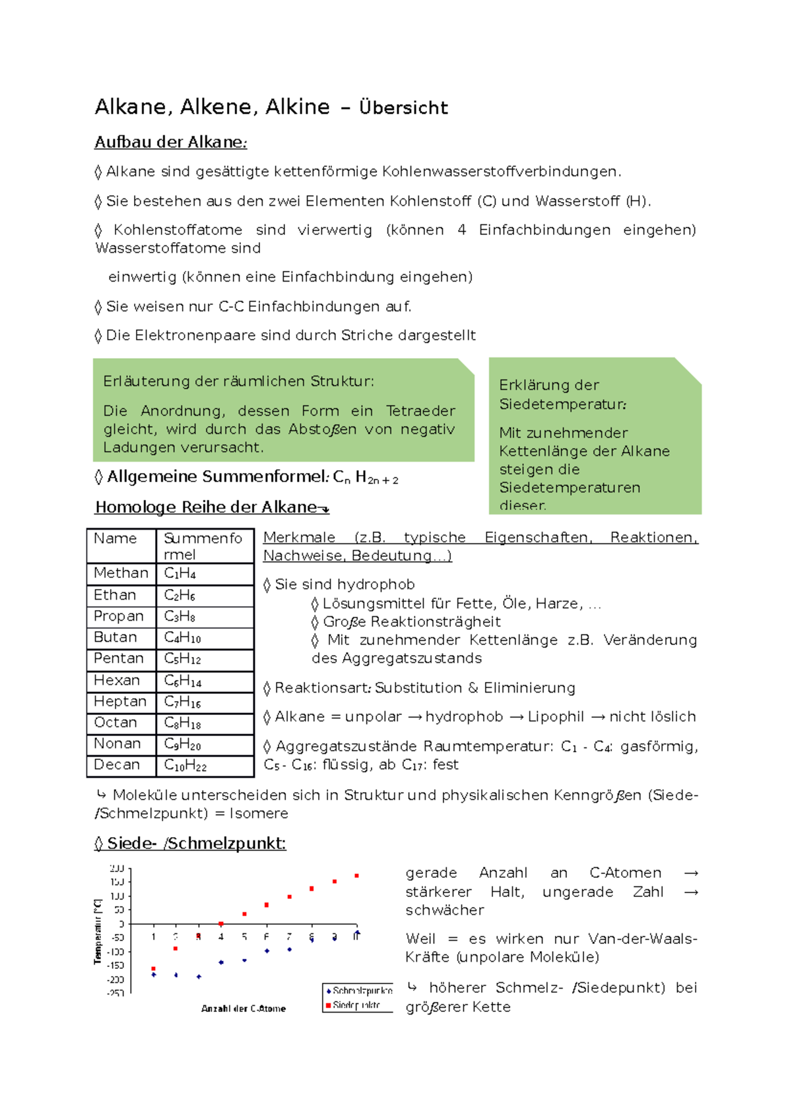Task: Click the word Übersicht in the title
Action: pyautogui.click(x=403, y=108)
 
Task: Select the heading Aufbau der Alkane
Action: pyautogui.click(x=170, y=142)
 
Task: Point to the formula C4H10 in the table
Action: pyautogui.click(x=182, y=637)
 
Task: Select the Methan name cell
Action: pyautogui.click(x=121, y=573)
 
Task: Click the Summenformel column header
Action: pyautogui.click(x=203, y=545)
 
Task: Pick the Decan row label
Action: pyautogui.click(x=117, y=764)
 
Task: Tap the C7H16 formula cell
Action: pyautogui.click(x=182, y=701)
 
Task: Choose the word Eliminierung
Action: pyautogui.click(x=529, y=688)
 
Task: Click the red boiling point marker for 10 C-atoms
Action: pyautogui.click(x=356, y=876)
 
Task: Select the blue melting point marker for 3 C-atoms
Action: pyautogui.click(x=199, y=976)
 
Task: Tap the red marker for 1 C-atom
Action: pyautogui.click(x=154, y=968)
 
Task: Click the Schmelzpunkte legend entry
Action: pyautogui.click(x=361, y=991)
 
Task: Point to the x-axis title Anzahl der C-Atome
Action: pyautogui.click(x=244, y=1009)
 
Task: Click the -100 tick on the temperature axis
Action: pyautogui.click(x=116, y=952)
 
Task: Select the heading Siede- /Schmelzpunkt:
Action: pyautogui.click(x=190, y=843)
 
